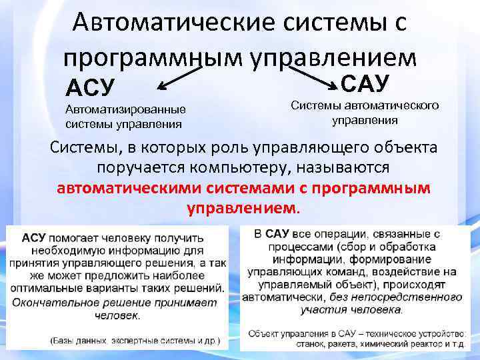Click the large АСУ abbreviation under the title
(90, 87)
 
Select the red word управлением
(244, 208)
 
